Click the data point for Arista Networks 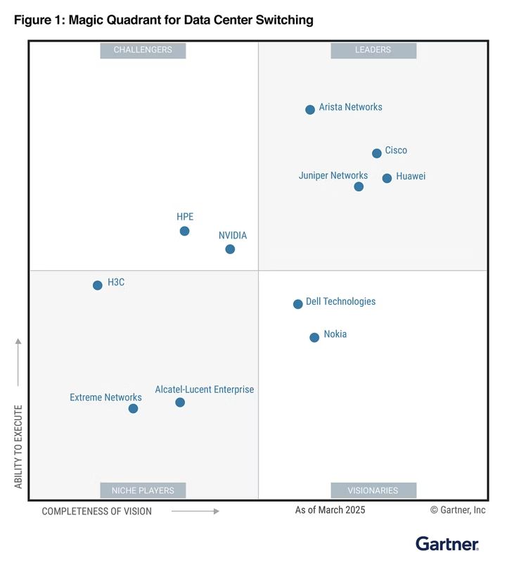(310, 110)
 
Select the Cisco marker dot (377, 153)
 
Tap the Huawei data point (387, 178)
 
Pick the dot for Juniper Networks (359, 186)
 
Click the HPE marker (184, 231)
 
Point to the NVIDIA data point (230, 249)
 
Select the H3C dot (98, 285)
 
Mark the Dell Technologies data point (298, 304)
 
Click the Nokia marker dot (314, 338)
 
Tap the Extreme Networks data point (133, 409)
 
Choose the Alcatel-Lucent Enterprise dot (180, 402)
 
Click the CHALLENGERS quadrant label (143, 50)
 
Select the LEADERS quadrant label (373, 50)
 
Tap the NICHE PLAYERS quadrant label (143, 490)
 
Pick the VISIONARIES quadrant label (373, 490)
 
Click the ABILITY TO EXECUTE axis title (18, 447)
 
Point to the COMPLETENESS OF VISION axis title (96, 512)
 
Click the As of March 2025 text (330, 510)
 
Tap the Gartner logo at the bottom (447, 544)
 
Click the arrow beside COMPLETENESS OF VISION (195, 512)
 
